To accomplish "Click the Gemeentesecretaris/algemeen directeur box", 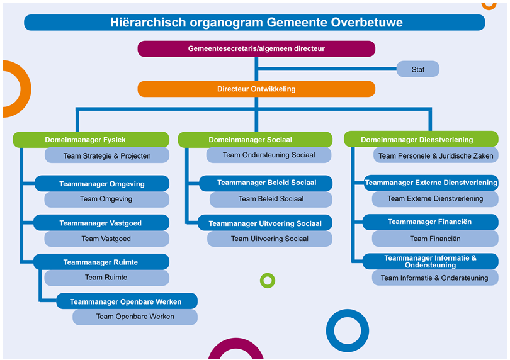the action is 256,49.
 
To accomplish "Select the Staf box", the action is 418,69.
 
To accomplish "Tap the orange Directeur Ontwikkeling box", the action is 256,89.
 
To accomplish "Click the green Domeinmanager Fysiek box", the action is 91,140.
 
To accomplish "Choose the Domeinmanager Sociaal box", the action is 255,140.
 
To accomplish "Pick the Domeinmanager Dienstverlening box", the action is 421,139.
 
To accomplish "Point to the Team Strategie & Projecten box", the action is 107,155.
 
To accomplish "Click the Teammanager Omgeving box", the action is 102,184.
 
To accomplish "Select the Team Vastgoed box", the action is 106,239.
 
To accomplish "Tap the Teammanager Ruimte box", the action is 101,262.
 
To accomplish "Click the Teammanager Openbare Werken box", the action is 127,301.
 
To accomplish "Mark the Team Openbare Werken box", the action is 135,317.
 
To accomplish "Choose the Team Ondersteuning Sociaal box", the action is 269,155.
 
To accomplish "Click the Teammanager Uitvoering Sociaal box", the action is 265,223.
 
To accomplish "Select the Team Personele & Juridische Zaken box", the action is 436,155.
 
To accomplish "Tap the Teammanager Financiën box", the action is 430,222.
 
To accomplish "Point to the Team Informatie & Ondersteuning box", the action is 435,278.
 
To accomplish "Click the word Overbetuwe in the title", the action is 366,23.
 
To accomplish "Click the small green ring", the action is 268,273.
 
